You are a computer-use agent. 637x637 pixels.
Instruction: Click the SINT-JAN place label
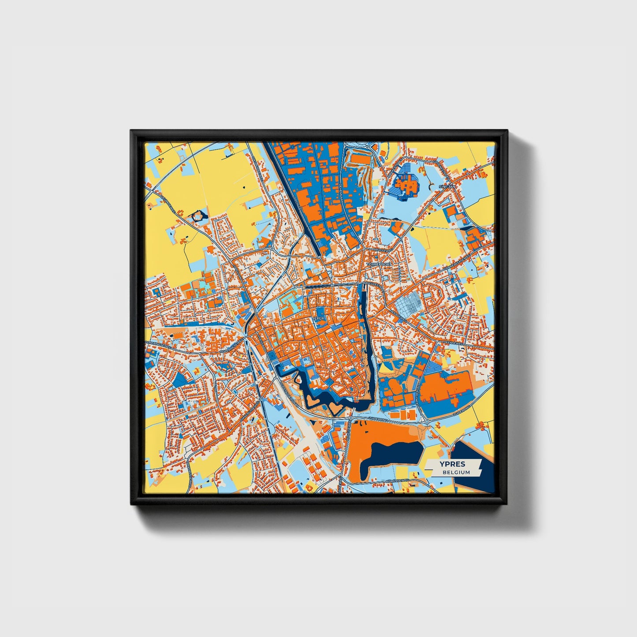tap(446, 186)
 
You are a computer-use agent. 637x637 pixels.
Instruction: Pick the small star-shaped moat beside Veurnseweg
tap(199, 216)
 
